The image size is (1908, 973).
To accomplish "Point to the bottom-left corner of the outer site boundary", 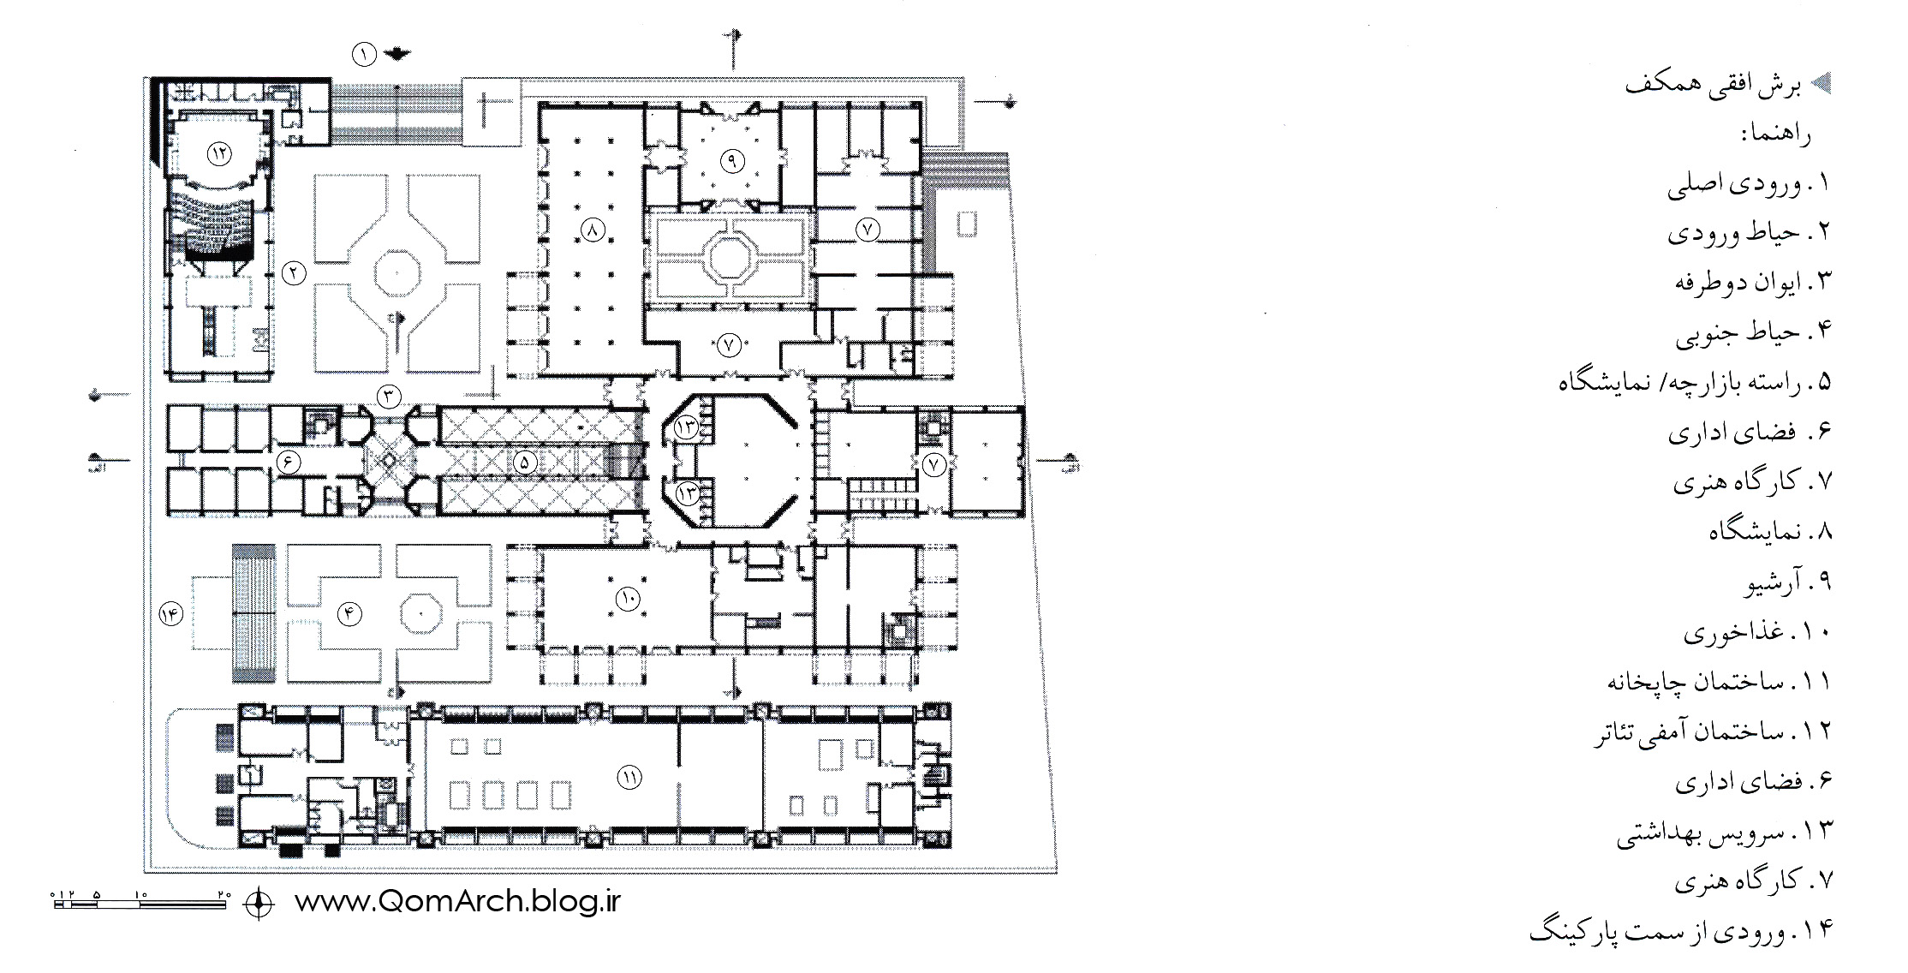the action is coord(144,872).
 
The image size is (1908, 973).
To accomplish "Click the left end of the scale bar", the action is coord(53,903).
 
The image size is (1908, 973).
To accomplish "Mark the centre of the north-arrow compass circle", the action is coord(260,903).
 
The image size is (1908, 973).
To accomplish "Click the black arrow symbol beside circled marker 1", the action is coord(397,54).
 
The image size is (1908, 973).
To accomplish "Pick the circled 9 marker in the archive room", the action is coord(733,159).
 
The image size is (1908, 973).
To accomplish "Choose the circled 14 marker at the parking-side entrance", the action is coord(170,614).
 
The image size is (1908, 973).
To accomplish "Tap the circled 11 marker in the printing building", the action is coord(629,777).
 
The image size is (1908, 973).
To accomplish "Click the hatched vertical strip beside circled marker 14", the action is coord(254,613).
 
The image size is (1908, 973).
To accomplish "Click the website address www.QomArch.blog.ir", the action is coord(456,902).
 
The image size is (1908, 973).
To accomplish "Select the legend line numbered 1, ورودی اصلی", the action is coord(1748,184).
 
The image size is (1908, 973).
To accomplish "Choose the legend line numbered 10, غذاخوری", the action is coord(1756,633).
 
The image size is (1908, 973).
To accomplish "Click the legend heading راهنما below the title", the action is coord(1775,134).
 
